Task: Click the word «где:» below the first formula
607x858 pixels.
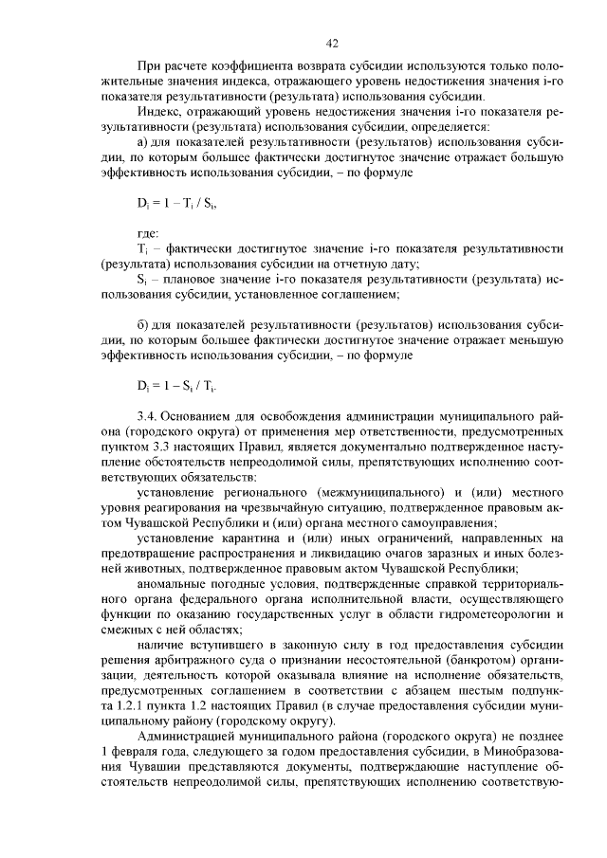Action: click(x=148, y=231)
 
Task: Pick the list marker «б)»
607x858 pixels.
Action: click(x=144, y=324)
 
